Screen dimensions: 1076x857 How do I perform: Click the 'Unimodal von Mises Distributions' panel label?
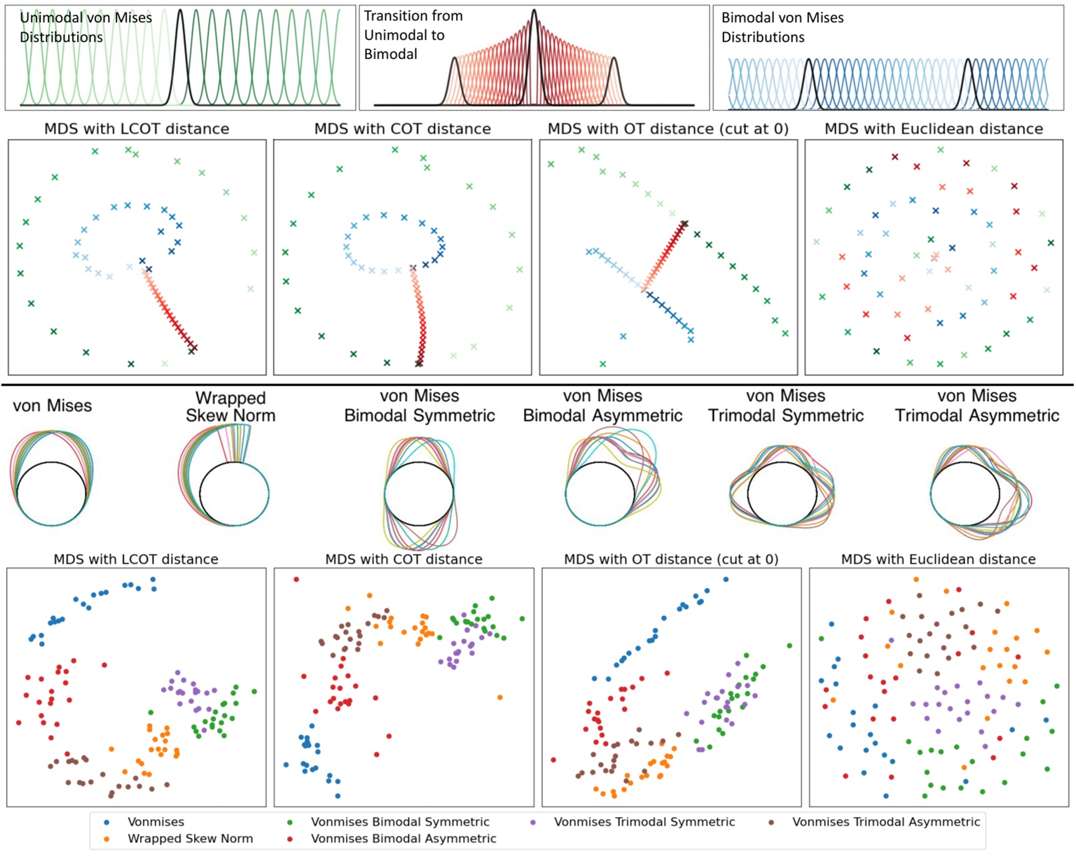(85, 27)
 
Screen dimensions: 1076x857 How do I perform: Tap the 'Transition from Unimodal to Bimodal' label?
(413, 35)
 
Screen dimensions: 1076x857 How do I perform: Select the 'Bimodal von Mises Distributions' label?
(782, 27)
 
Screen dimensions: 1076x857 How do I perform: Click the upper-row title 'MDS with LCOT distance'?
(137, 129)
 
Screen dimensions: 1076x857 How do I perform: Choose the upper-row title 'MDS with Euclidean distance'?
(934, 129)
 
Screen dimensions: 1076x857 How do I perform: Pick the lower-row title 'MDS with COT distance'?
(403, 559)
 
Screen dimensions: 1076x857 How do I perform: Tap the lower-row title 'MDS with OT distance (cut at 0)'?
(671, 559)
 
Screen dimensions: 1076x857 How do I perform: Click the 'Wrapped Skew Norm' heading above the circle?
(230, 406)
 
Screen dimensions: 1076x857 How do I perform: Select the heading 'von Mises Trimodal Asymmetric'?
(977, 405)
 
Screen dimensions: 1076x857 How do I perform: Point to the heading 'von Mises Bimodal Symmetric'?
(419, 405)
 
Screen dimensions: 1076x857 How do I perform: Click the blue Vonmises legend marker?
(106, 822)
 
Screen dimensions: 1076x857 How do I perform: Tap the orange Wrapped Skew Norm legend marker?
(106, 839)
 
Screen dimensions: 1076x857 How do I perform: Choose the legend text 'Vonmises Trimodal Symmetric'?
(644, 822)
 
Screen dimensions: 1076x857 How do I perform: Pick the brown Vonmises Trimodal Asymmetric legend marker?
(771, 822)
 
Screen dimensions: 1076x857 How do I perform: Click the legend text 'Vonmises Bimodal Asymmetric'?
(403, 839)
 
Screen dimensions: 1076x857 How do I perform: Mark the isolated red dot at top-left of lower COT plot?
(296, 580)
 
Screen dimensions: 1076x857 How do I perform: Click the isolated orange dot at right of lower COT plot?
(500, 697)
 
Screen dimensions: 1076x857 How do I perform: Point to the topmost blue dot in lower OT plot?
(726, 580)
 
